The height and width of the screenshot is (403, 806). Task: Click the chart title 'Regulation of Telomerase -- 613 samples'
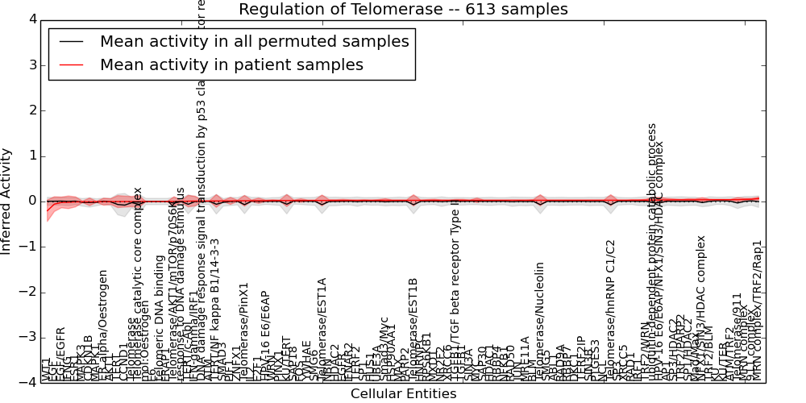click(x=403, y=10)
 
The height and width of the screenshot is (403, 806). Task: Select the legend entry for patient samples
click(x=231, y=65)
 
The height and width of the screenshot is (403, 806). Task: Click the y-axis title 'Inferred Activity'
click(x=7, y=201)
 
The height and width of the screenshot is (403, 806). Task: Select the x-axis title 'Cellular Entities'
click(x=403, y=394)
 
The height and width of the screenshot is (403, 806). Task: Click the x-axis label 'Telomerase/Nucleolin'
click(x=540, y=322)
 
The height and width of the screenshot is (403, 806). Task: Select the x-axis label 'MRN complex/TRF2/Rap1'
click(x=757, y=310)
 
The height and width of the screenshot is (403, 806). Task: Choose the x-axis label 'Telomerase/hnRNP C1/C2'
click(x=611, y=310)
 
